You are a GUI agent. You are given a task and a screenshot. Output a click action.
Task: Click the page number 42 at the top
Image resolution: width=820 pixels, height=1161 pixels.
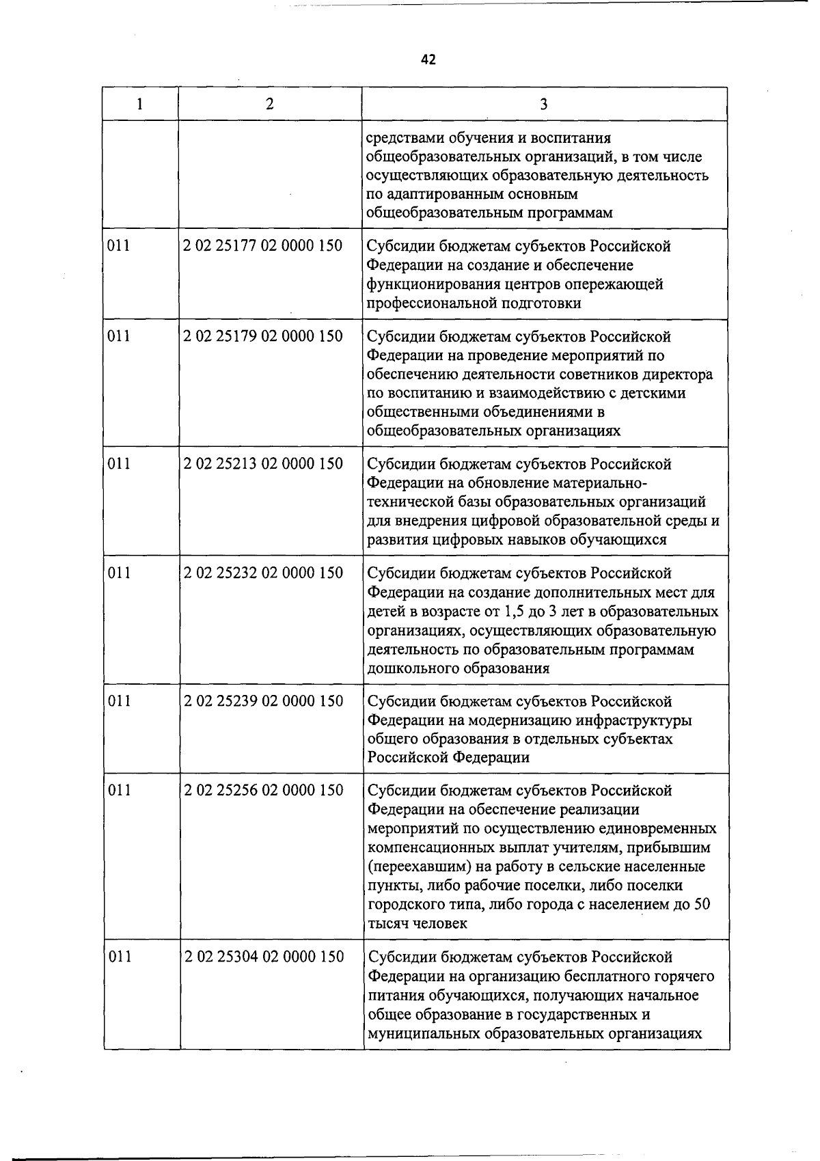428,59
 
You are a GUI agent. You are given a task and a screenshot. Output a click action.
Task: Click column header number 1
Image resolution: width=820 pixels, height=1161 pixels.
140,104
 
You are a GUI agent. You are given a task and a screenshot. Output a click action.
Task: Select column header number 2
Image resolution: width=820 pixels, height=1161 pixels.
270,104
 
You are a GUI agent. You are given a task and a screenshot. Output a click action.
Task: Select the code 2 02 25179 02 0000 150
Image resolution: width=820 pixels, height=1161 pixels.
263,336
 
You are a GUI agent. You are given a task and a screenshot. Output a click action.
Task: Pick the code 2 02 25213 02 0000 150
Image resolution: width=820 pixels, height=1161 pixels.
263,464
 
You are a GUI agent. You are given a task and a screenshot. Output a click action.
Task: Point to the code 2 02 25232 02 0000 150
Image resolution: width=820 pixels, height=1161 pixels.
263,573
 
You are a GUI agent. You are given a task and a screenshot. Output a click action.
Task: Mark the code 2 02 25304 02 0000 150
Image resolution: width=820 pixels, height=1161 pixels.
264,957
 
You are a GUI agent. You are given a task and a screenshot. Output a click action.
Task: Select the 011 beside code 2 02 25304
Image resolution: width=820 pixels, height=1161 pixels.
120,957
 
